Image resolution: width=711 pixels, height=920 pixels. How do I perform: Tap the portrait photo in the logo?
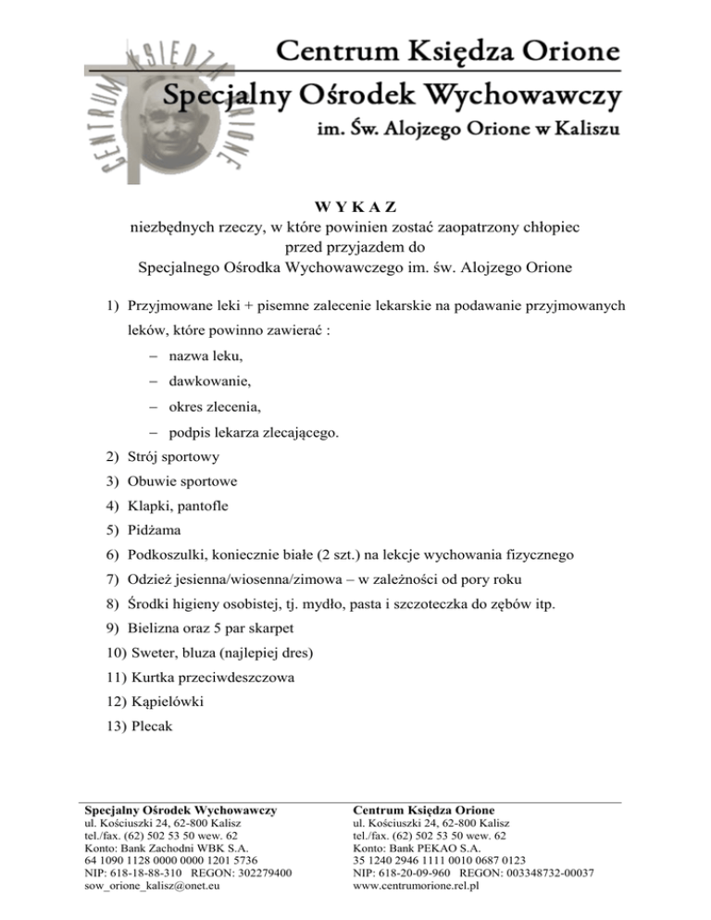[131, 121]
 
